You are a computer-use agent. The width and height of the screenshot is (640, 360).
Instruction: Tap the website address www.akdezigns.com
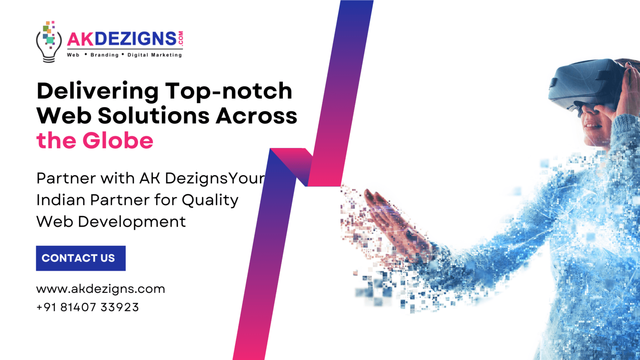click(x=100, y=289)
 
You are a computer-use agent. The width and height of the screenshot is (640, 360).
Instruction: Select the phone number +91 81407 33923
click(x=87, y=307)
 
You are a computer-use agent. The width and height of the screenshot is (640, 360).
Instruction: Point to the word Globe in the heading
click(x=118, y=140)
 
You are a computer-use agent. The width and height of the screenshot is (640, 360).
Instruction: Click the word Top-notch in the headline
click(x=229, y=91)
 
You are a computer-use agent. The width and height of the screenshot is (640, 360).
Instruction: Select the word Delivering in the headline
click(x=97, y=91)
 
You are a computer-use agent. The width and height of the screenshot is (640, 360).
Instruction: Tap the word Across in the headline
click(x=257, y=115)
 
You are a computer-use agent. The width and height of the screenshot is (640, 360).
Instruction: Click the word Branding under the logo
click(x=105, y=55)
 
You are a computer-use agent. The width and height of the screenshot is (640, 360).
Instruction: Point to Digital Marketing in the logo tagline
click(x=155, y=55)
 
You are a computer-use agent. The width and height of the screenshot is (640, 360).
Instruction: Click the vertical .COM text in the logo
click(x=180, y=38)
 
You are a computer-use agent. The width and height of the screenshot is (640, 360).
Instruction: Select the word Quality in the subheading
click(x=210, y=200)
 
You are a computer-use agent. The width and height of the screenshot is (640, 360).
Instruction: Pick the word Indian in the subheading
click(x=61, y=200)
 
